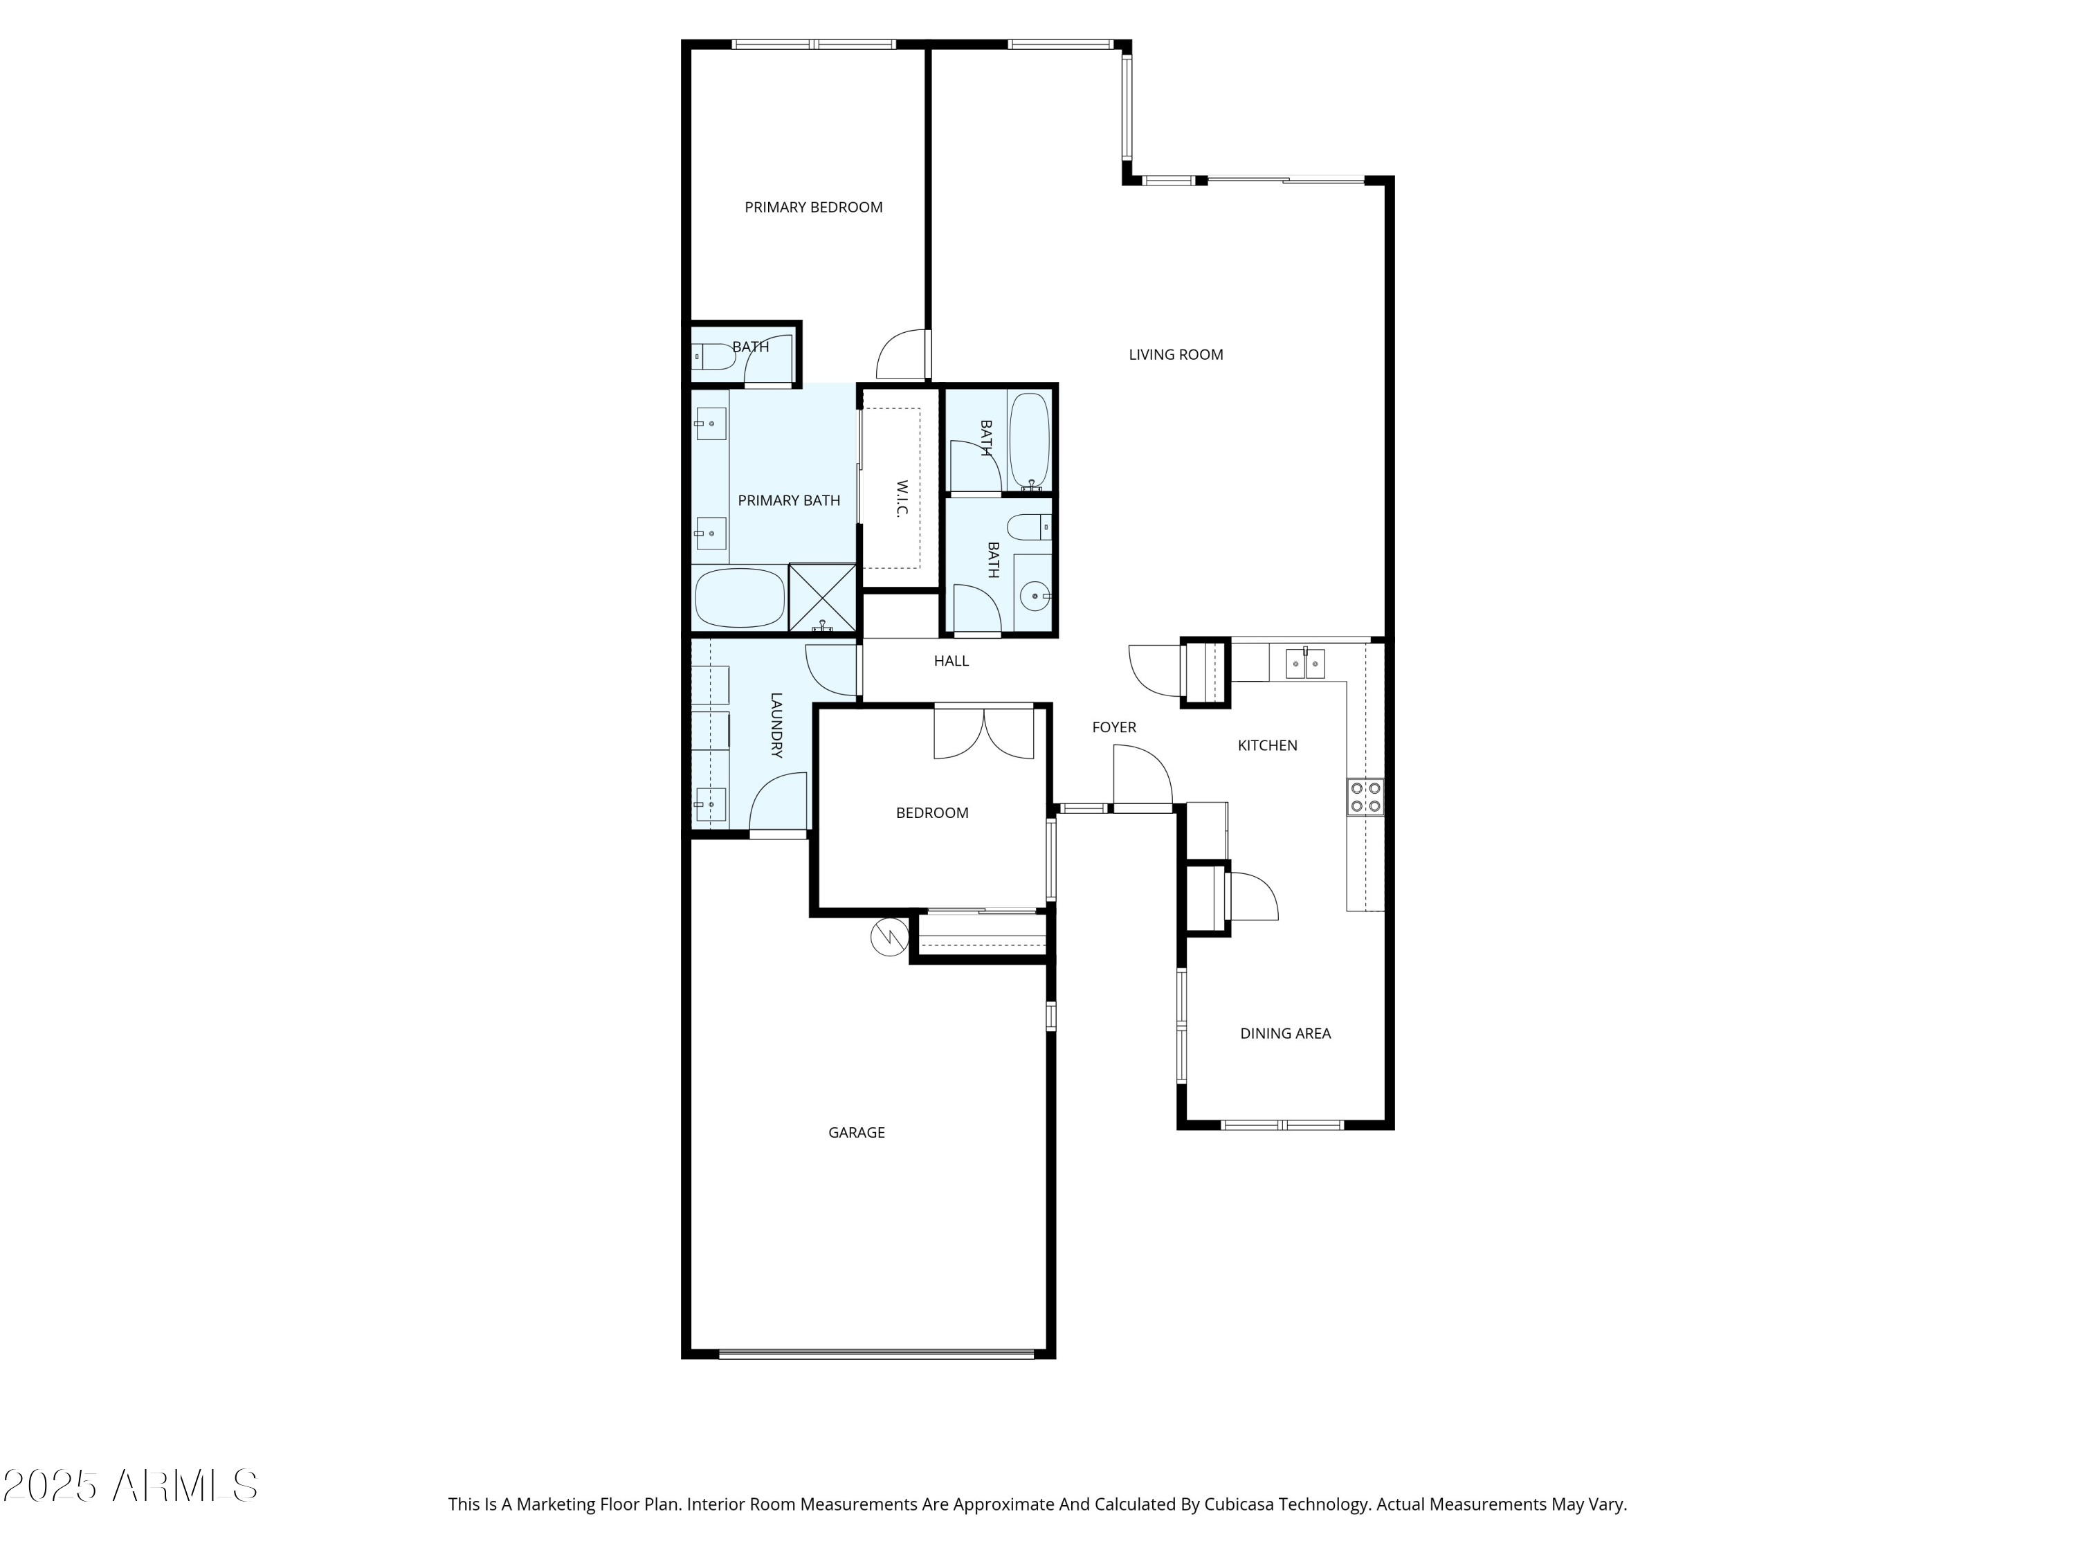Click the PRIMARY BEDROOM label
[813, 208]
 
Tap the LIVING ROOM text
[1175, 355]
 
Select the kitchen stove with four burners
[1365, 796]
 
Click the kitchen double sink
[1304, 664]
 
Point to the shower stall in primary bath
[822, 597]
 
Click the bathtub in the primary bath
[740, 598]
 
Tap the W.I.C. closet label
[901, 498]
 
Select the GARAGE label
[856, 1133]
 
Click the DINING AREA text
[1285, 1033]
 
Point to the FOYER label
[1114, 727]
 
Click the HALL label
[951, 661]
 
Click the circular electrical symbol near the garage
[889, 937]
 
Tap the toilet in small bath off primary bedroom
[713, 356]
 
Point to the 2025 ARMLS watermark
[131, 1486]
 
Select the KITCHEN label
[1267, 745]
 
